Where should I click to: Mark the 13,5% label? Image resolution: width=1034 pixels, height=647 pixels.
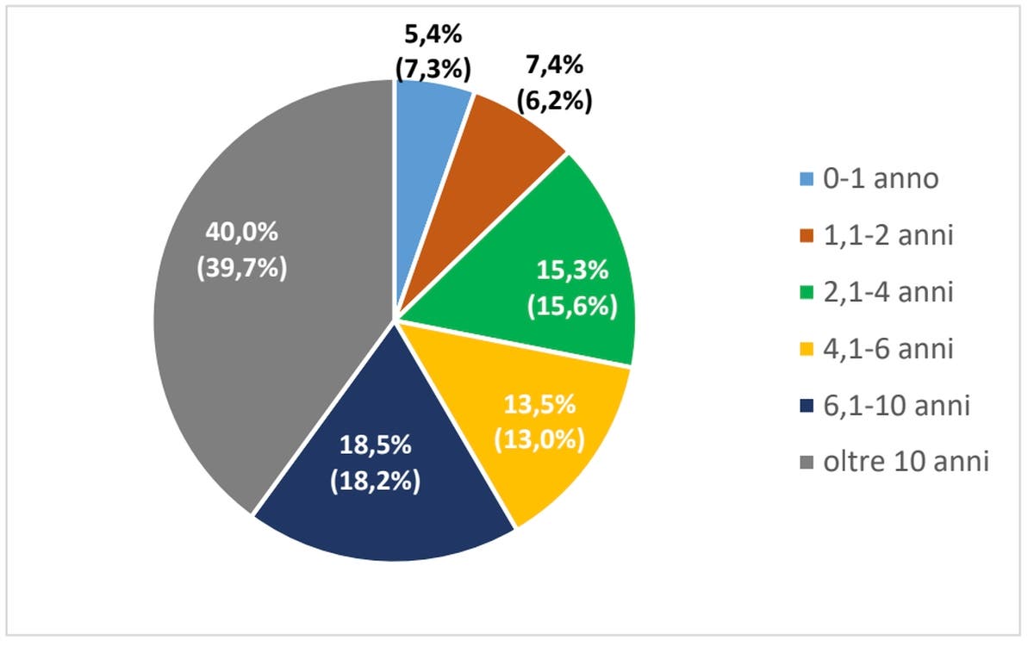[539, 404]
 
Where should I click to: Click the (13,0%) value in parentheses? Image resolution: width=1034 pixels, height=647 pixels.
[539, 439]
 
